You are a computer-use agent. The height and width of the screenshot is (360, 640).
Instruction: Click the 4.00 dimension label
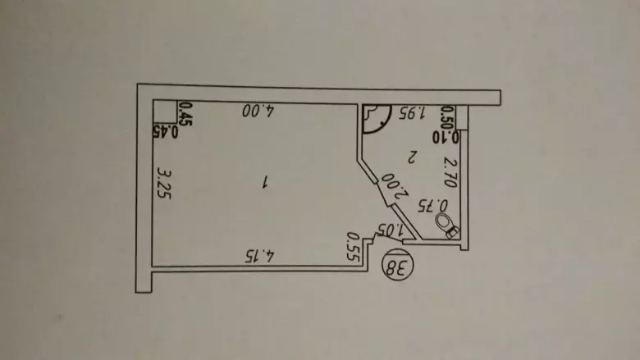[x=258, y=111]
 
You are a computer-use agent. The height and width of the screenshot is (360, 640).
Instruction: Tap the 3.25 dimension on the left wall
[x=164, y=184]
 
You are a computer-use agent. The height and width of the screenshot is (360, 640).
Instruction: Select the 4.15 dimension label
[x=259, y=257]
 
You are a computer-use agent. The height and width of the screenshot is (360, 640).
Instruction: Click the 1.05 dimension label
[x=391, y=230]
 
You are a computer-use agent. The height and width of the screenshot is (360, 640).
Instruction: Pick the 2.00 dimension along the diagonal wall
[x=395, y=185]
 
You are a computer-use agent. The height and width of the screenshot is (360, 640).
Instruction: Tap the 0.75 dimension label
[x=432, y=205]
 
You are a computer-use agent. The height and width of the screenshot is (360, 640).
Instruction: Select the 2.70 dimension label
[x=450, y=173]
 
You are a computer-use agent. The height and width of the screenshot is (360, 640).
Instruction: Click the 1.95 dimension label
[x=412, y=112]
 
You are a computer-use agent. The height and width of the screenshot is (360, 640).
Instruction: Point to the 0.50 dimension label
[x=448, y=118]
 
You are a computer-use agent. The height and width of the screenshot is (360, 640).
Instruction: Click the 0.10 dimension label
[x=446, y=137]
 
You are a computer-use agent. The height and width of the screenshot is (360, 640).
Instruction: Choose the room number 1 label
[x=265, y=182]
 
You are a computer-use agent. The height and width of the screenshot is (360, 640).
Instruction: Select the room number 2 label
[x=412, y=156]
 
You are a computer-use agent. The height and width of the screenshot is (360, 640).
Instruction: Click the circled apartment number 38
[x=398, y=267]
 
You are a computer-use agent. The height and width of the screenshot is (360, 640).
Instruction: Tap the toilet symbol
[x=447, y=226]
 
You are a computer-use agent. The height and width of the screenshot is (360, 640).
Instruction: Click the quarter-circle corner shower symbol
[x=377, y=119]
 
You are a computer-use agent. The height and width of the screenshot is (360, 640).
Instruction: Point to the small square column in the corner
[x=165, y=112]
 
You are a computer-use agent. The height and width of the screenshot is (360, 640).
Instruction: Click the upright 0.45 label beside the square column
[x=185, y=114]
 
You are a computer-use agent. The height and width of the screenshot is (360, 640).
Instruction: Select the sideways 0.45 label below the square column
[x=165, y=132]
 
